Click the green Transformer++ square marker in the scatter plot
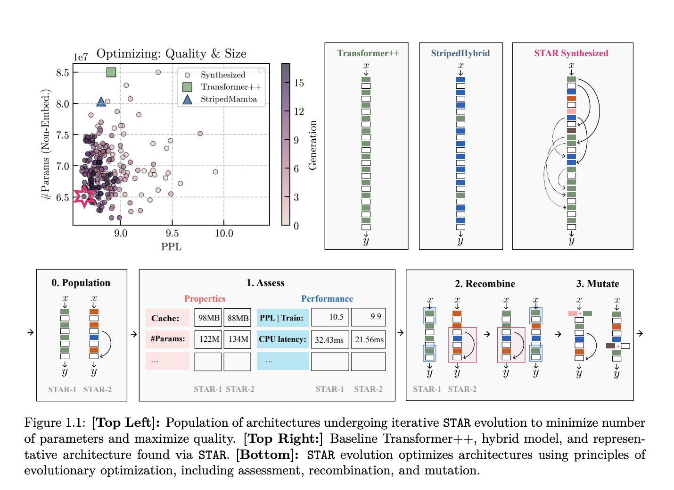click(x=111, y=72)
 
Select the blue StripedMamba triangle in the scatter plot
click(x=101, y=101)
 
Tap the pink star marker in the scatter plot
click(x=85, y=196)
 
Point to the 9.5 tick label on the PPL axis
click(x=172, y=233)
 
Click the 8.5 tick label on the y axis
click(x=62, y=73)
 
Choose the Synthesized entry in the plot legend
click(x=222, y=75)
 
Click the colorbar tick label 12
click(x=299, y=111)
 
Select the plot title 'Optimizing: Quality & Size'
click(x=171, y=53)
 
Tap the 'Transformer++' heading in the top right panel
click(x=368, y=53)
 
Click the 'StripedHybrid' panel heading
click(x=460, y=53)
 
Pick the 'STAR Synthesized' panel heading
click(x=571, y=53)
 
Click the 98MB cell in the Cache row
click(x=208, y=318)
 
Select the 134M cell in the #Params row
click(x=238, y=339)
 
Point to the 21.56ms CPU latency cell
click(x=369, y=339)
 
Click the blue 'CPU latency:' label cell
click(x=282, y=339)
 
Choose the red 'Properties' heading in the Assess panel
click(x=205, y=298)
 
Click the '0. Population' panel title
click(x=81, y=283)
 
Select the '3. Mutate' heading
click(x=597, y=284)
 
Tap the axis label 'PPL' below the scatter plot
click(x=171, y=247)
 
